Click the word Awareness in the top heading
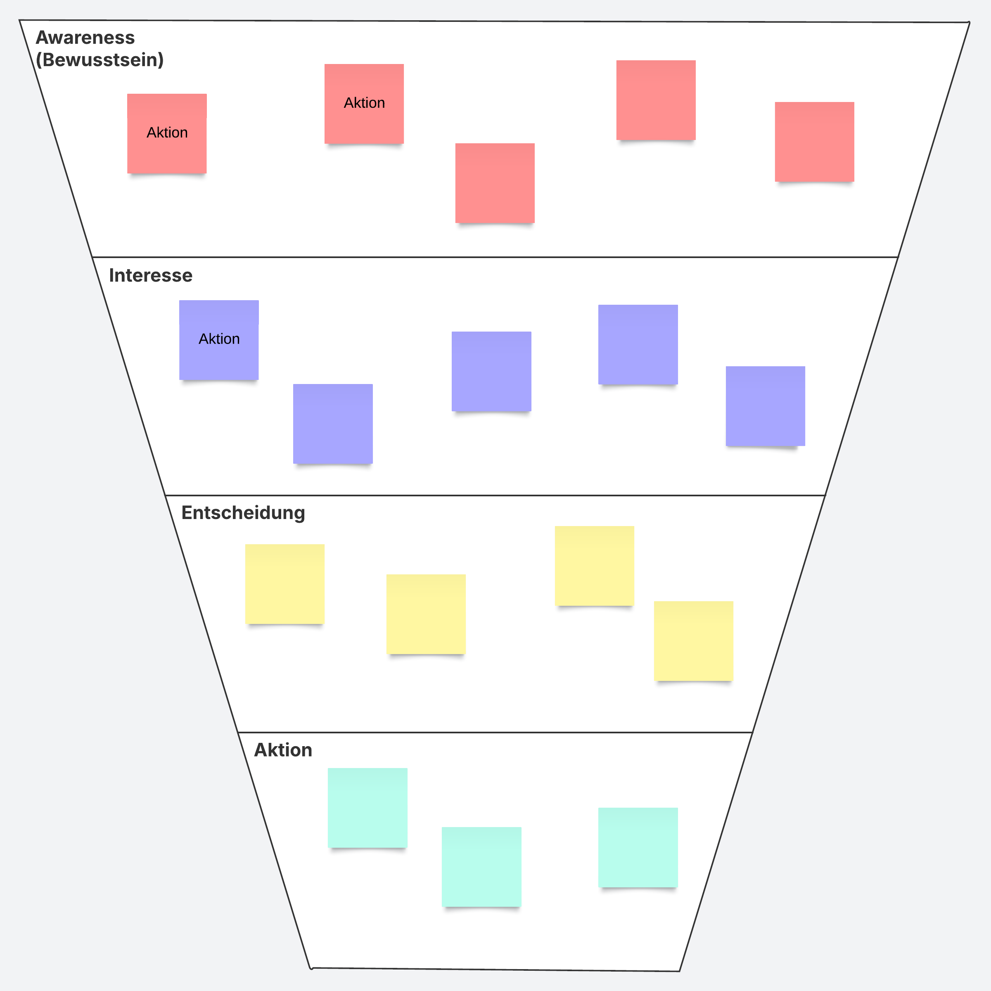click(85, 38)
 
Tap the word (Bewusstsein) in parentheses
click(100, 60)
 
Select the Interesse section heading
click(151, 275)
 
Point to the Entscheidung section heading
click(243, 513)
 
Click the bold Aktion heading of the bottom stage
click(283, 750)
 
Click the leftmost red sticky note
click(167, 133)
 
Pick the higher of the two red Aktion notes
click(364, 104)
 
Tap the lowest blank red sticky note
click(495, 183)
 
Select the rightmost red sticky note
click(815, 142)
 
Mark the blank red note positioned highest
click(656, 100)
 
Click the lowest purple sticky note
click(333, 424)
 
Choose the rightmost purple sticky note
click(765, 406)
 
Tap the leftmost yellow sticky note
click(284, 584)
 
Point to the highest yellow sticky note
click(595, 566)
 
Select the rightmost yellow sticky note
click(694, 641)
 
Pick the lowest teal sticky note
click(481, 867)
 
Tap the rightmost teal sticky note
click(638, 847)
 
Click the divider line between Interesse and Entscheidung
click(495, 495)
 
